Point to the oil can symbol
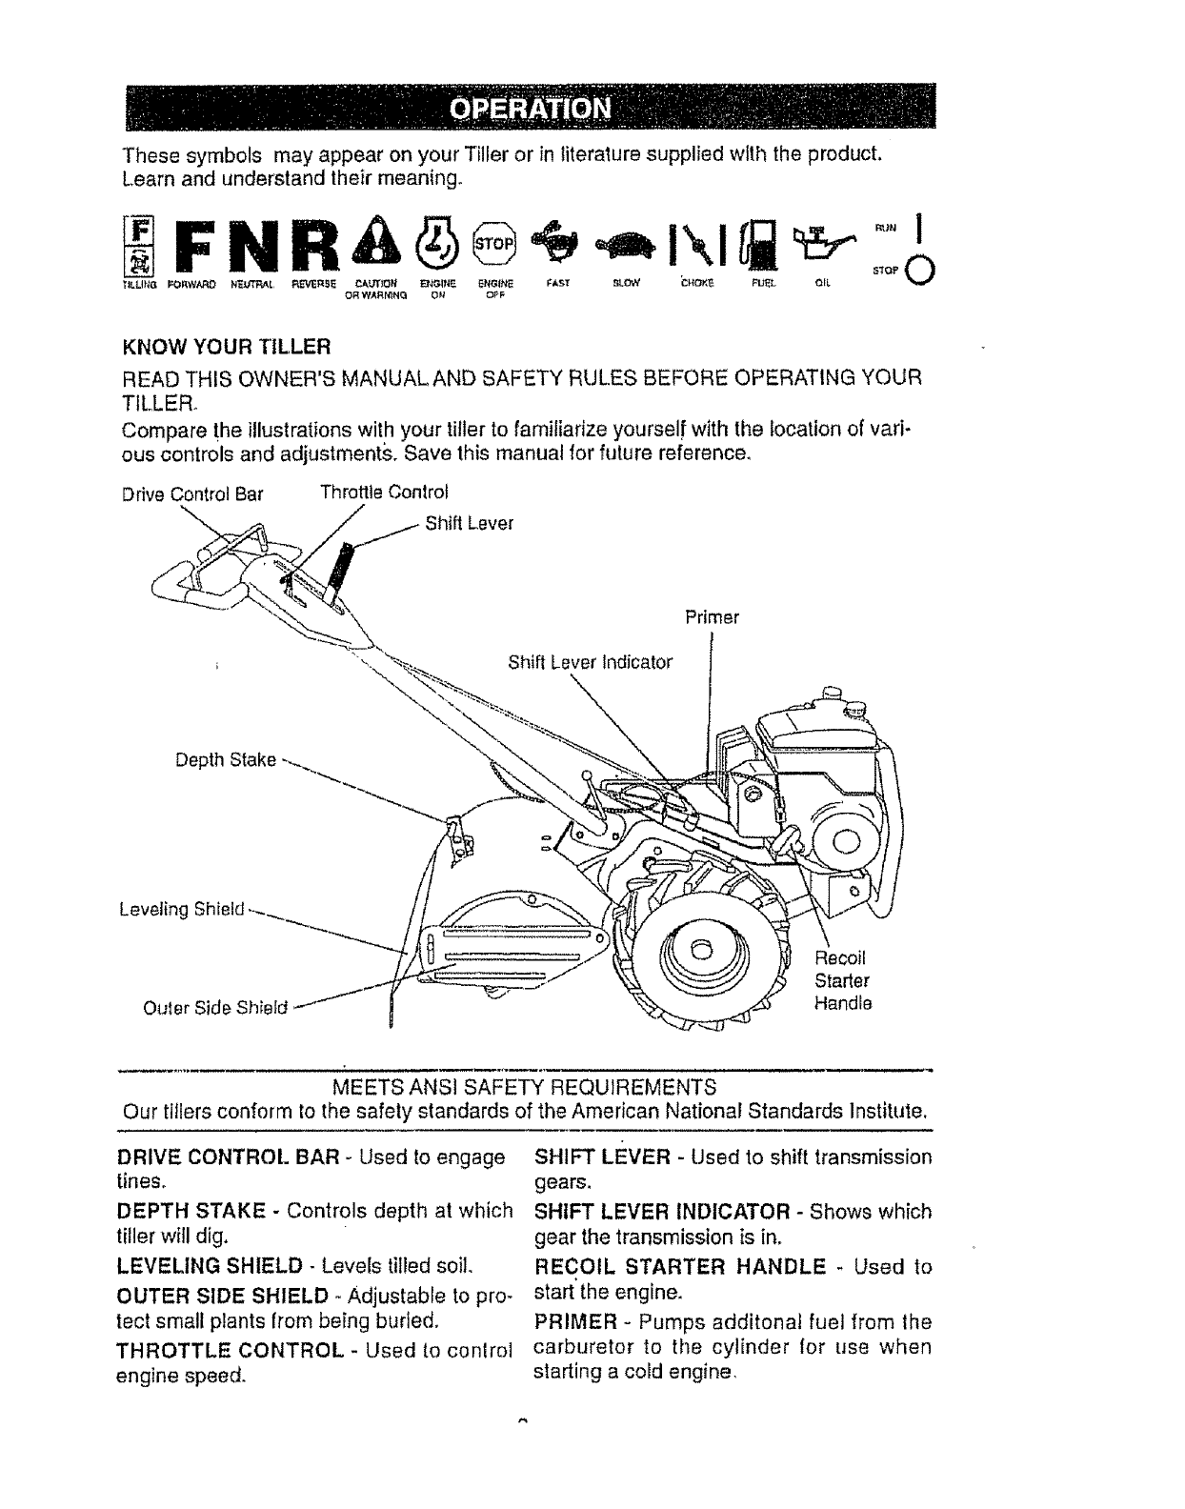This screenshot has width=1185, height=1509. [825, 244]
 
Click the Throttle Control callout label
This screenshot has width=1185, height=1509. [383, 493]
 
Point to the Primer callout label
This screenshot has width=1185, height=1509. [712, 617]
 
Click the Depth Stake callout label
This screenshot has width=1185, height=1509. [226, 759]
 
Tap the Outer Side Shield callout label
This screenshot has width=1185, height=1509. [214, 1008]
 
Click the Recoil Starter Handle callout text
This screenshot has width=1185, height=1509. [842, 980]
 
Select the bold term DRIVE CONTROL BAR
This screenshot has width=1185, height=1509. [228, 1157]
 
